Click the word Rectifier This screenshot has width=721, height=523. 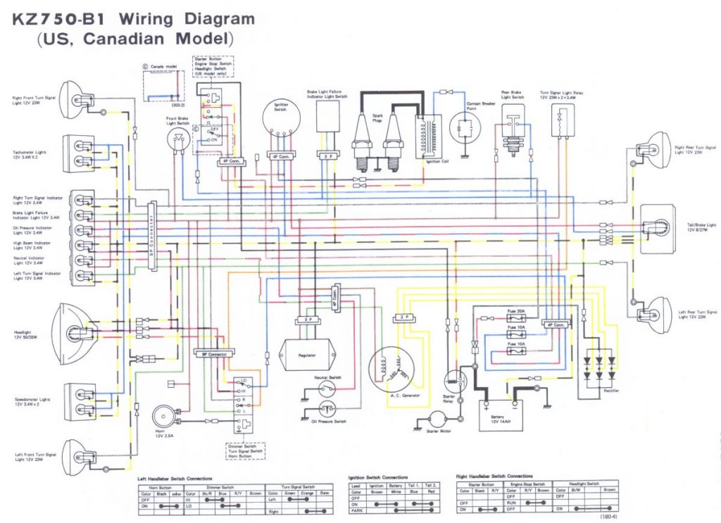(x=610, y=391)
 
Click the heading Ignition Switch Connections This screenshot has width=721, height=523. (x=378, y=477)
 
